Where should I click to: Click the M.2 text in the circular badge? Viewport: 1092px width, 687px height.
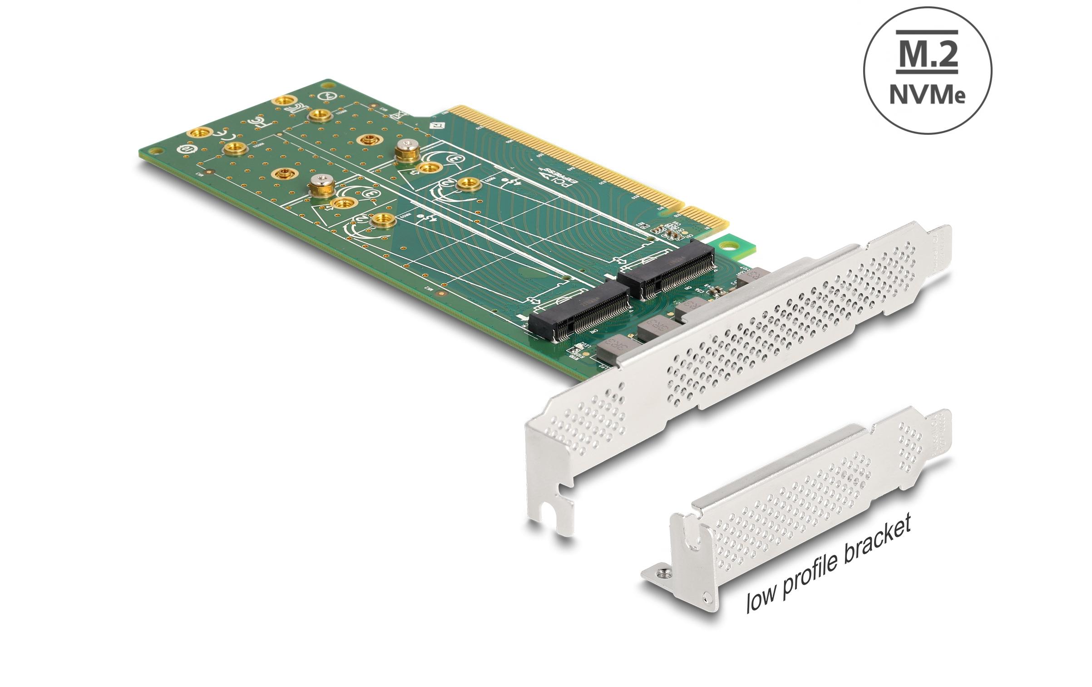927,57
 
